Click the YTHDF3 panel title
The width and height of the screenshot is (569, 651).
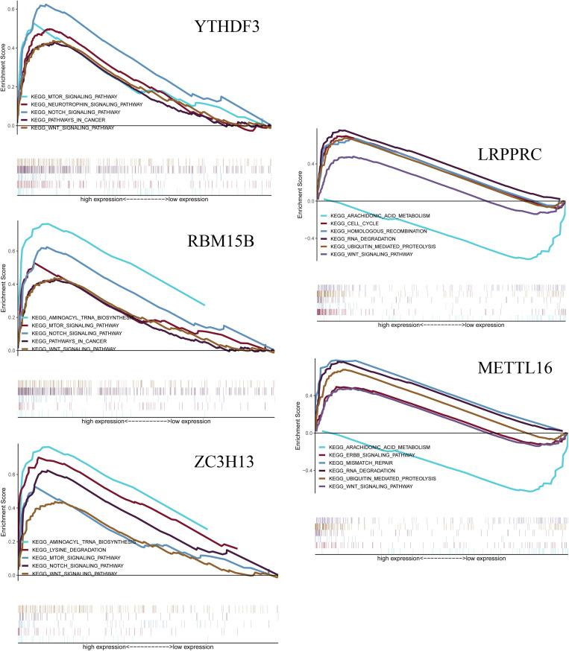228,28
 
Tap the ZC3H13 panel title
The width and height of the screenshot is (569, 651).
222,461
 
